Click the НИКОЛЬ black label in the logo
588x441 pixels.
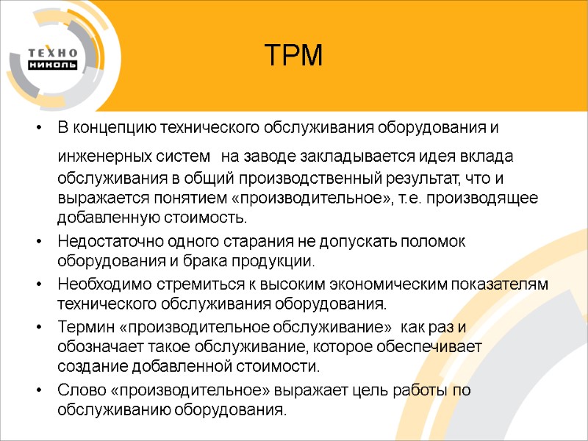pos(52,65)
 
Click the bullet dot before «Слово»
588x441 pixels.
pos(37,390)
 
